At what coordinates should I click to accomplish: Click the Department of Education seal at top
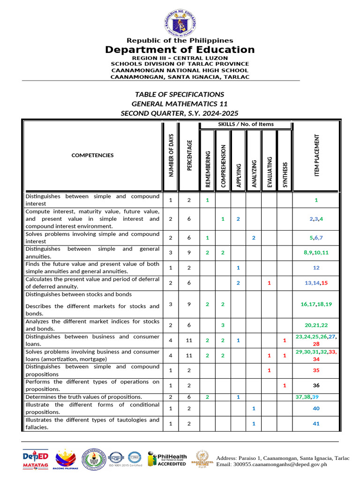(x=180, y=19)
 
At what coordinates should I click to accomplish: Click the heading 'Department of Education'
(x=180, y=50)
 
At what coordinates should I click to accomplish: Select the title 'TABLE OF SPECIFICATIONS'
(x=180, y=94)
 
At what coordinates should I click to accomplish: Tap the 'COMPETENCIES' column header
(x=92, y=155)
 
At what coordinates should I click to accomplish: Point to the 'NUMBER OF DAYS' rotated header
(x=171, y=155)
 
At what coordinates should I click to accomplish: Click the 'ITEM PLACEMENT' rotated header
(x=316, y=155)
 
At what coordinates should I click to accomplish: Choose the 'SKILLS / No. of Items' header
(x=246, y=124)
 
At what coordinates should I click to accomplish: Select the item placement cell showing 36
(x=316, y=386)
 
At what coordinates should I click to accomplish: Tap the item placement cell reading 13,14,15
(x=316, y=283)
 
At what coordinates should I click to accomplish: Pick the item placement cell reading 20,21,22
(x=316, y=325)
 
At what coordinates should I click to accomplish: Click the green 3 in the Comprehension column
(x=223, y=325)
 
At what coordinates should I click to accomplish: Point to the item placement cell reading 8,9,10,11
(x=316, y=253)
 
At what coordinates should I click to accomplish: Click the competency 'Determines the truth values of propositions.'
(x=84, y=397)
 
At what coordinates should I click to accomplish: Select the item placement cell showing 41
(x=316, y=424)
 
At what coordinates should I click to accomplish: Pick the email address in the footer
(x=276, y=464)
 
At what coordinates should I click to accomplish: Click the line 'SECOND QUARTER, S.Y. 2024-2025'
(x=180, y=113)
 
